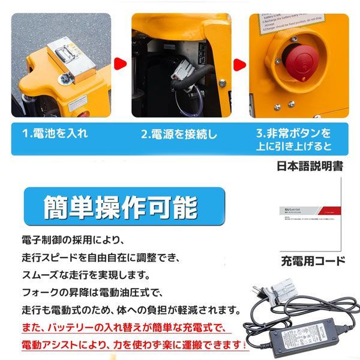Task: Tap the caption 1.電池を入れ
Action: pos(60,134)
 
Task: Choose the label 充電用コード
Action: pos(313,261)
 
